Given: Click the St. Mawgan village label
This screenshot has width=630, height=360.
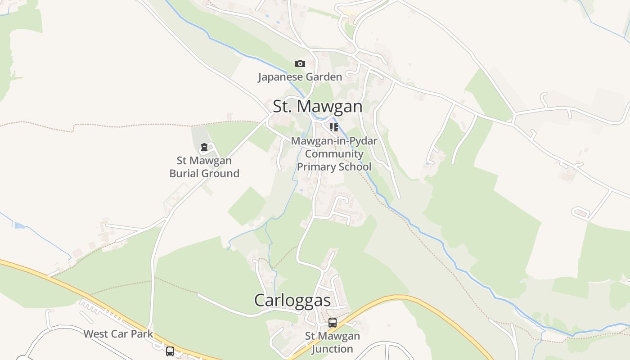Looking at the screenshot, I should click(x=317, y=107).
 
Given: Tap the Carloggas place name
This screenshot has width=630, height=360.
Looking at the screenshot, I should click(x=292, y=300).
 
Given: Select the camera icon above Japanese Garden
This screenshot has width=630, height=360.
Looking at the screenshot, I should click(x=300, y=64).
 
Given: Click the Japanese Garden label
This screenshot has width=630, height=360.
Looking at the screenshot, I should click(x=300, y=77).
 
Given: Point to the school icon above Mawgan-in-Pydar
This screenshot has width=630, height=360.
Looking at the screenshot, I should click(x=333, y=127).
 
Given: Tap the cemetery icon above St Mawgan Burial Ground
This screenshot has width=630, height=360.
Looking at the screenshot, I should click(x=204, y=147).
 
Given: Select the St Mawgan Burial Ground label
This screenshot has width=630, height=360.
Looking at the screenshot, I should click(x=204, y=167).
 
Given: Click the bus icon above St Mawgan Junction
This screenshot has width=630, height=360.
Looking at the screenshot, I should click(x=333, y=322).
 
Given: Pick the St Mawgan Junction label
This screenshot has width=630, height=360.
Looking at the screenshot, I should click(x=333, y=342).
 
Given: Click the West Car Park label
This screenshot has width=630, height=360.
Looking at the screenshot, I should click(x=118, y=334).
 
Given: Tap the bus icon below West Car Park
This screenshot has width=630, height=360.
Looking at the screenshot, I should click(x=170, y=351).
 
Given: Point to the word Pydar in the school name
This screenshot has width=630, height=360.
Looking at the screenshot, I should click(x=363, y=141).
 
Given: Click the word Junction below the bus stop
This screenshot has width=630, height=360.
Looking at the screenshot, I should click(x=333, y=349).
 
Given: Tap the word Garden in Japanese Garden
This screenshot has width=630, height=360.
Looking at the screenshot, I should click(x=322, y=77).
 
